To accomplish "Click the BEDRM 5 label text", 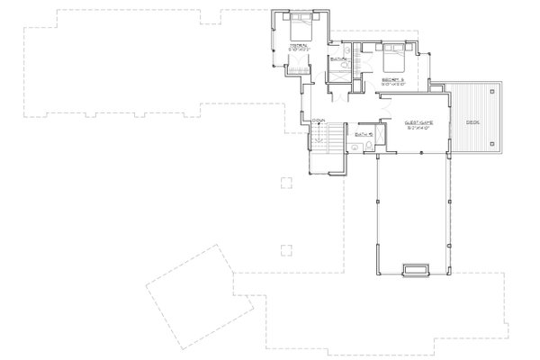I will (x=393, y=80).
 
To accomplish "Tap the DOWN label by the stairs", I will (x=319, y=120).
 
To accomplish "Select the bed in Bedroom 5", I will (x=391, y=61).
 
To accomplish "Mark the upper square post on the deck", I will (x=491, y=89).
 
